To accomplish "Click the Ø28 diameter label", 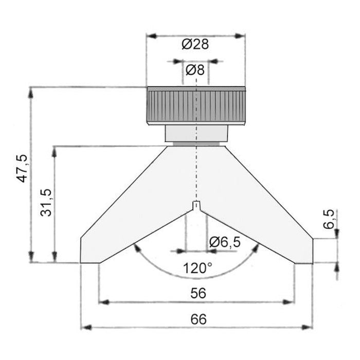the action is pos(195,44).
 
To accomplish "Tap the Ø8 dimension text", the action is pos(195,70).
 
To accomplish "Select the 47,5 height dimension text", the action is pos(23,169).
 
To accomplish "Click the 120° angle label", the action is pos(197,268).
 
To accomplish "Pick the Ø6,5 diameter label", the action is pos(225,242).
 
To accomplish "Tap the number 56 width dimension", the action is pos(199,293).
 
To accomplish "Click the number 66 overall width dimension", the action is pos(199,319).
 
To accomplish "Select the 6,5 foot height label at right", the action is pos(329,219).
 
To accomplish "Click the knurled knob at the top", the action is pos(196,106).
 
